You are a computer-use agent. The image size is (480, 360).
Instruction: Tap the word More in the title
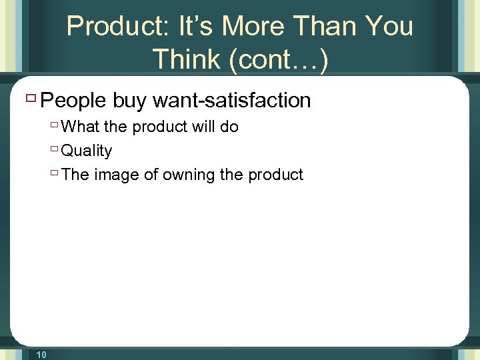pyautogui.click(x=254, y=27)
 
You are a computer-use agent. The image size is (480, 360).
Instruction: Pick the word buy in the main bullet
pyautogui.click(x=129, y=101)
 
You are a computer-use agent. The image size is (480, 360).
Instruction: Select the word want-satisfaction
pyautogui.click(x=232, y=101)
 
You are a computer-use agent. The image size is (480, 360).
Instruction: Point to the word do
pyautogui.click(x=229, y=127)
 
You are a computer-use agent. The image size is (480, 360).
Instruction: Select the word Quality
pyautogui.click(x=87, y=151)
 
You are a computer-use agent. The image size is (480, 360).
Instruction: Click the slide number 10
pyautogui.click(x=41, y=355)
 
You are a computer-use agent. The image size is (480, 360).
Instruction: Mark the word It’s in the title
pyautogui.click(x=196, y=27)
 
